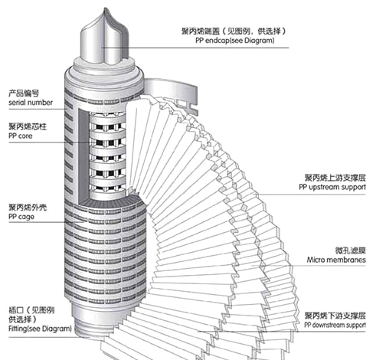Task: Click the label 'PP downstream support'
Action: coord(335,325)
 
